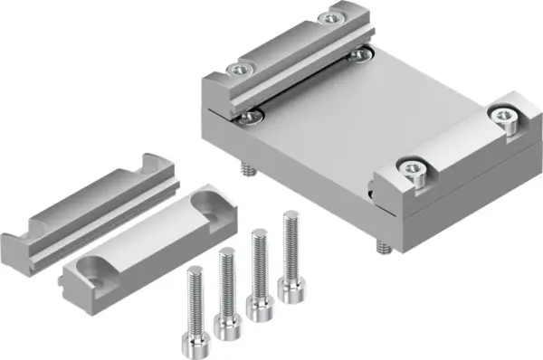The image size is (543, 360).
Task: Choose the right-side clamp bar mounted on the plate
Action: click(452, 149)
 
